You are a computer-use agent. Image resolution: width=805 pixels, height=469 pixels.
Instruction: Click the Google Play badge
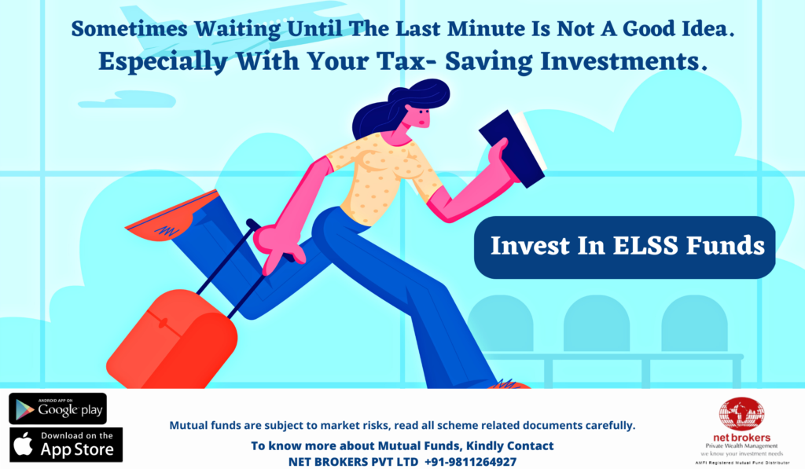click(x=58, y=409)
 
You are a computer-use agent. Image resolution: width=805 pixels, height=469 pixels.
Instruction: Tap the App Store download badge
click(x=66, y=445)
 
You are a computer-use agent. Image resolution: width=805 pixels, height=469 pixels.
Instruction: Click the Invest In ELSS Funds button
click(x=625, y=247)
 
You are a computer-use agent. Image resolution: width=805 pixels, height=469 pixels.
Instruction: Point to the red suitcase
click(x=172, y=339)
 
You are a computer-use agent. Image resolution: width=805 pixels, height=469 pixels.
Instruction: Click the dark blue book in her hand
click(x=513, y=148)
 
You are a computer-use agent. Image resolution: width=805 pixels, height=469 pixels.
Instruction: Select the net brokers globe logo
click(x=741, y=415)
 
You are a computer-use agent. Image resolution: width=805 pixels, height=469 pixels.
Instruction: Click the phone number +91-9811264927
click(x=470, y=462)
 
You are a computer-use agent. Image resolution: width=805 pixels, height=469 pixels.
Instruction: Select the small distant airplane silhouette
click(x=127, y=100)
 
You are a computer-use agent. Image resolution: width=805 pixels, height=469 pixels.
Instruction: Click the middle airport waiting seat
click(x=597, y=324)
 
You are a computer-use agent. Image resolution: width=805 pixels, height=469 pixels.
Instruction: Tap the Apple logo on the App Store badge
click(x=23, y=444)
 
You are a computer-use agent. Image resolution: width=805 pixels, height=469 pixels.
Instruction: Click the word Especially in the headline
click(x=163, y=62)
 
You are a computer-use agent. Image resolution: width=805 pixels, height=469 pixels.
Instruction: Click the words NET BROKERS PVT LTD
click(x=353, y=462)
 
